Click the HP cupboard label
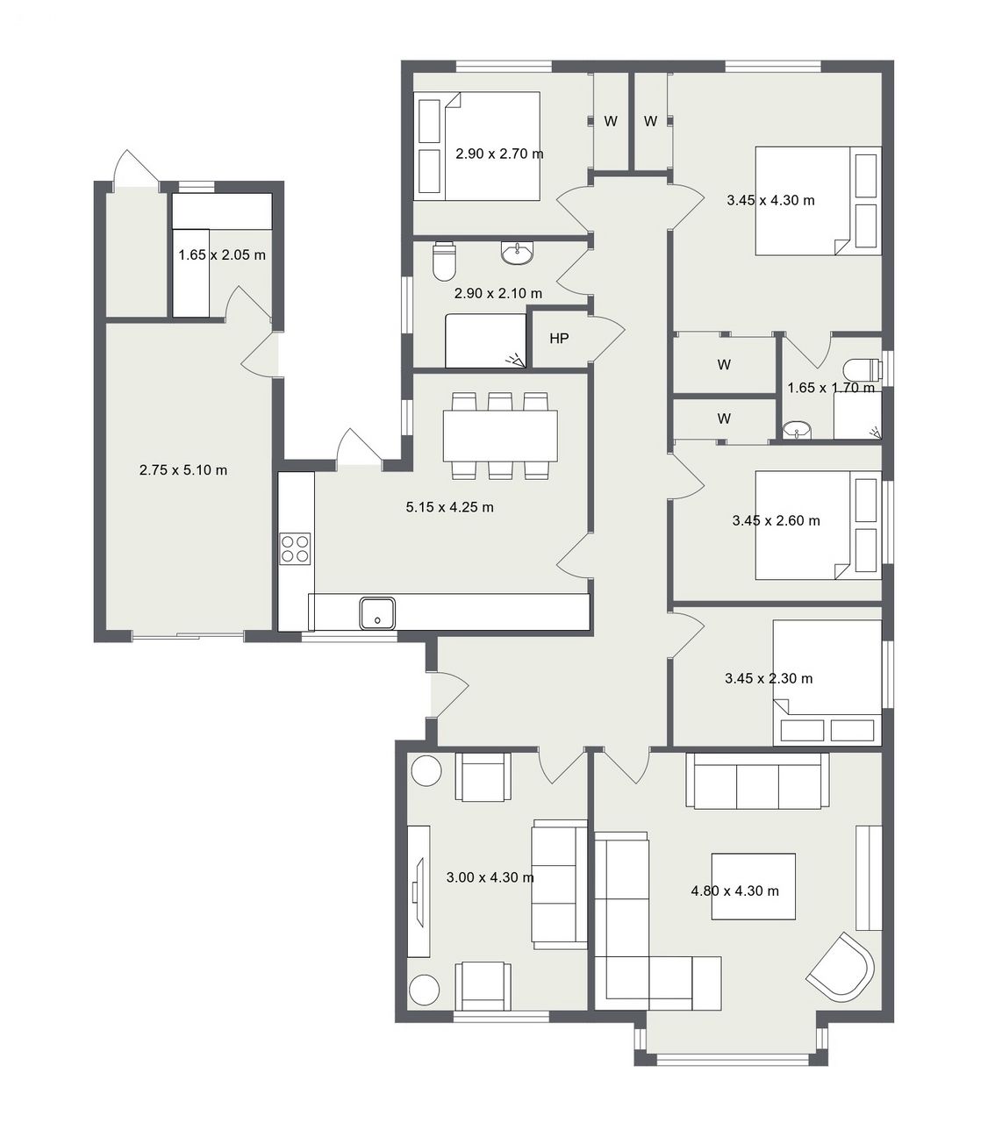[x=559, y=338]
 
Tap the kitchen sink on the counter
[x=377, y=613]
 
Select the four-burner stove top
[x=295, y=548]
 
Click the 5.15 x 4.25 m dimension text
[x=450, y=507]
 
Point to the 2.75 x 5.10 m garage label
[x=183, y=470]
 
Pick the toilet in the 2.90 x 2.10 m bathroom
[x=444, y=261]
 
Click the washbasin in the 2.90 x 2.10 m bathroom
[x=518, y=253]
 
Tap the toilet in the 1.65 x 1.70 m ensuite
[x=862, y=368]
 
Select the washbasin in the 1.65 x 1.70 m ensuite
[x=797, y=430]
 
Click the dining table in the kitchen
[x=500, y=436]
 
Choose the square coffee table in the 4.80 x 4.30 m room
[x=754, y=886]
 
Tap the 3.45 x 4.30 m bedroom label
[x=770, y=200]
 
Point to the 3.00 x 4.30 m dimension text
[x=490, y=877]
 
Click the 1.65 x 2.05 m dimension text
[x=222, y=255]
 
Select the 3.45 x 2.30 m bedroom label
[x=769, y=678]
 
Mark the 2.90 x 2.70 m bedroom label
[x=499, y=154]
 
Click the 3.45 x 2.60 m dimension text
[x=777, y=520]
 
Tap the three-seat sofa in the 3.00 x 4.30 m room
[x=560, y=884]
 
